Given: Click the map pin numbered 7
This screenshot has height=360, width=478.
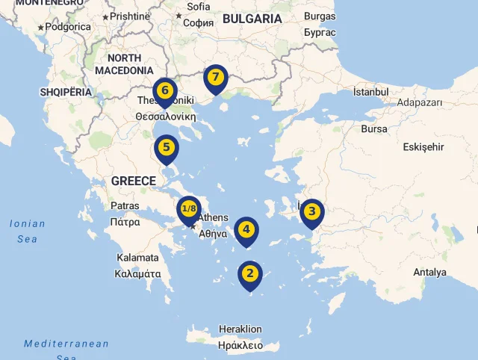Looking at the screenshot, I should [215, 78].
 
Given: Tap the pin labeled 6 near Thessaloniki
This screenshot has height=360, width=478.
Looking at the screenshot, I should [165, 91].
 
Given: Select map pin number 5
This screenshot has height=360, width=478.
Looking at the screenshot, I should [167, 148].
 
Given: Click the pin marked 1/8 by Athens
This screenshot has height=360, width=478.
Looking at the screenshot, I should [188, 209].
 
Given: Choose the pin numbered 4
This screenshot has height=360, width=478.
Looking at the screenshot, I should [246, 230].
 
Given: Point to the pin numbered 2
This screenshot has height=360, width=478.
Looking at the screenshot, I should [250, 274].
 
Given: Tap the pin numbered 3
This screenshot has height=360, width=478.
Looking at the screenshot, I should [312, 212].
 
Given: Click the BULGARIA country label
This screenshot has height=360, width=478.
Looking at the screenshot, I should [252, 19].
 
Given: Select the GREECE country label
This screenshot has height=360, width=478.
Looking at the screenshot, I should [134, 181].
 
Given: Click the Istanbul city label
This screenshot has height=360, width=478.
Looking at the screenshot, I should [371, 92].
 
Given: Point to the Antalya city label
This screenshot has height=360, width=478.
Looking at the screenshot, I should [429, 272].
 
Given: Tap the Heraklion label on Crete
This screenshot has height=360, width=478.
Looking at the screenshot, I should [240, 329].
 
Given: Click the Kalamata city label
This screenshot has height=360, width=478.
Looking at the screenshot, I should [137, 258].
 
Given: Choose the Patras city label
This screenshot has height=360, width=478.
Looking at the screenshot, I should [125, 205].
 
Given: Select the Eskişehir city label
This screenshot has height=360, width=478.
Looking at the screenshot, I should [423, 147].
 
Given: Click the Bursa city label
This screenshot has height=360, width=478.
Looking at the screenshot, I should [374, 128].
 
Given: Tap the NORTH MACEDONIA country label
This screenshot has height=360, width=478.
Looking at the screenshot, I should [124, 63].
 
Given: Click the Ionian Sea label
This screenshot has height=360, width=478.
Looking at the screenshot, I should [28, 231].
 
